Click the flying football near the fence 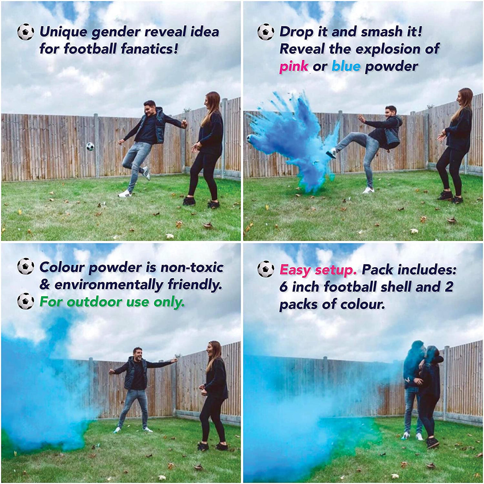click(x=90, y=146)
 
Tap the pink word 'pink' click(x=294, y=66)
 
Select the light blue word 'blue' click(x=346, y=66)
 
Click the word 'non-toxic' click(x=192, y=267)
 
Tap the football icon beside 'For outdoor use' click(x=26, y=301)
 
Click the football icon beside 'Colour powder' click(x=26, y=267)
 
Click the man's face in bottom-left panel click(x=138, y=354)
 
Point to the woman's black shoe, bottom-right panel click(x=432, y=443)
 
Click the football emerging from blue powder click(x=251, y=139)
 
